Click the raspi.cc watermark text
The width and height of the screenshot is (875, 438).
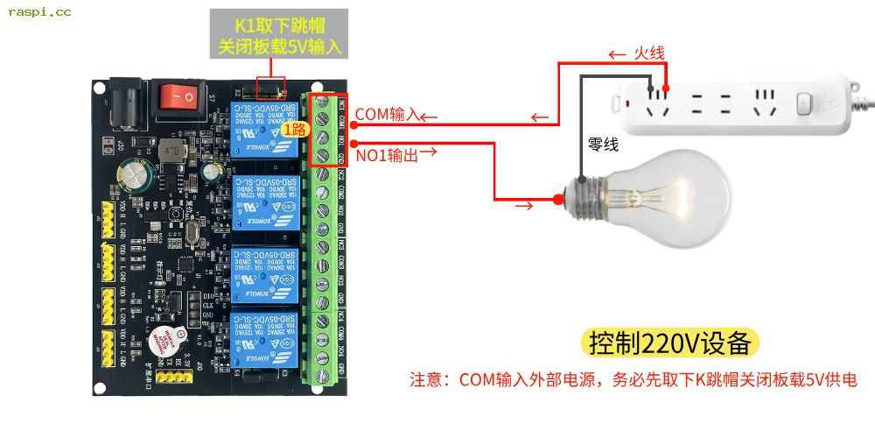40,12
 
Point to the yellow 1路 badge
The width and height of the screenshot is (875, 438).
294,129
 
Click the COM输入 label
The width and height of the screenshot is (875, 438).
388,113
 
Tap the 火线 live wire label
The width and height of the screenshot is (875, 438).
648,53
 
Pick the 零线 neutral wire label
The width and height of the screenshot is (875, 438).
603,145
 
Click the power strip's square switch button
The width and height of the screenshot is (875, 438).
805,103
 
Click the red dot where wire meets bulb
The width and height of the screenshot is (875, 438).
558,200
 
